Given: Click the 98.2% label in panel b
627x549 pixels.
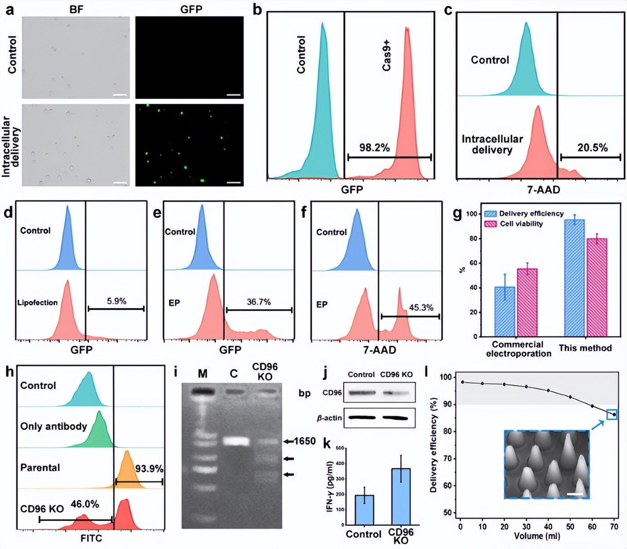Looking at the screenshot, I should pos(374,148).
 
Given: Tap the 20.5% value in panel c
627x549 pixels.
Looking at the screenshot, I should pos(592,148).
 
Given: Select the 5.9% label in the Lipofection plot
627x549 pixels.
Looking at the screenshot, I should pos(116,301).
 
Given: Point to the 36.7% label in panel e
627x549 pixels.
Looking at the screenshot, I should pos(259,302).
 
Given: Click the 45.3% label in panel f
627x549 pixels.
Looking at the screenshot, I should pos(421,308).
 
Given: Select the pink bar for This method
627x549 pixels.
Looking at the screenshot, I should pos(597,287).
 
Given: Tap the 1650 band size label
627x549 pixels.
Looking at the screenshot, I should pos(304,441).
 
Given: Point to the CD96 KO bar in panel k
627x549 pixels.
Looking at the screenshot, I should pos(400,496).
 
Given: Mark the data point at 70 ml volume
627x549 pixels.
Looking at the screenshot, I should pos(614,414).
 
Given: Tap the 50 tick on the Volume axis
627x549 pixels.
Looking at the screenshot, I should pos(570,527).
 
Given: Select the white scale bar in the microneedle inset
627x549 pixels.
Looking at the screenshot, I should pos(574,494).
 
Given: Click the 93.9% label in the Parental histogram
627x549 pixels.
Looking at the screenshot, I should pos(149,469).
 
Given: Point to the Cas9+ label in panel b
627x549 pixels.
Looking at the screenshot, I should pos(386,55).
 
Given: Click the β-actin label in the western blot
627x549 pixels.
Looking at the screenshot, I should pos(329,418).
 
